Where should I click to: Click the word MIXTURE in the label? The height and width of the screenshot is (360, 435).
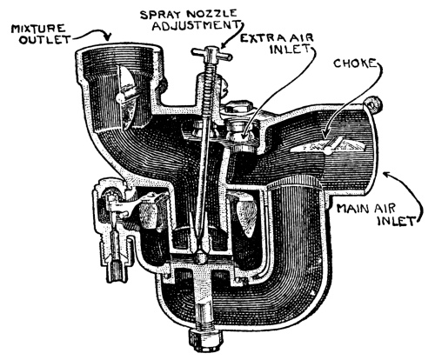38,30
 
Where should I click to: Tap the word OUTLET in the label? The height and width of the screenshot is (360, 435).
44,39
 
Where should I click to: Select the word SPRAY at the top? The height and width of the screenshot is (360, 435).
161,14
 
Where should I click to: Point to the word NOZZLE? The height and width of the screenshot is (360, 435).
211,13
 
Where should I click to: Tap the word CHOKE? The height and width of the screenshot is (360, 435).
354,63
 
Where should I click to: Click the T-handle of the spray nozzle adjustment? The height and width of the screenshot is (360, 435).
211,54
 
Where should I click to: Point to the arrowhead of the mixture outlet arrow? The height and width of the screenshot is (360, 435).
108,37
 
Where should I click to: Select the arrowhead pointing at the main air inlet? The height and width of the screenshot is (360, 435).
386,174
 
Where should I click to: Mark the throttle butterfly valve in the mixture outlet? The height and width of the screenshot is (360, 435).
125,97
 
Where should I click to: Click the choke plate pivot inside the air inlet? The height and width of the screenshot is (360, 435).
328,150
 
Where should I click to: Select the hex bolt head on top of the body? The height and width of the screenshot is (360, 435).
239,107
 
